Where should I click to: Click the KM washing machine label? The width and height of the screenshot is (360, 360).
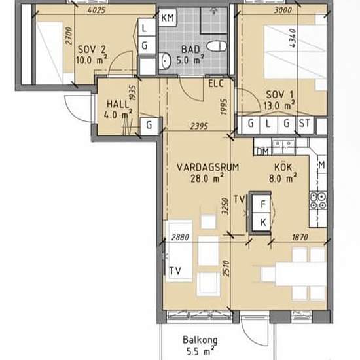point(168,18)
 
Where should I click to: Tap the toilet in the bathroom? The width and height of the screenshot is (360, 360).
point(217,46)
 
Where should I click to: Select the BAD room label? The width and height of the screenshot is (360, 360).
point(190,50)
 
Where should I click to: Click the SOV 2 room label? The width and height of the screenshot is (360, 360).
point(92,50)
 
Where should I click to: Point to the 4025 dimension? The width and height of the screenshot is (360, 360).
point(97,10)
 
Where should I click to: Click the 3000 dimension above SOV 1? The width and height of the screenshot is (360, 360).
point(283,10)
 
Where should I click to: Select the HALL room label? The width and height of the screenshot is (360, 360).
point(118,105)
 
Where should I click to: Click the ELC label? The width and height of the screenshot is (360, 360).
point(216,84)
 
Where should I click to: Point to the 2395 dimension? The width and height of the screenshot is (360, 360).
point(199,126)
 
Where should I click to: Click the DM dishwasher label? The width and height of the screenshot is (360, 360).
point(262,152)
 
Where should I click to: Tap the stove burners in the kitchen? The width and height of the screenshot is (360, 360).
point(318,201)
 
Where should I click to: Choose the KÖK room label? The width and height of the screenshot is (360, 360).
point(283,167)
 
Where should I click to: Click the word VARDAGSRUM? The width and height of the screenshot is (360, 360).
point(207,167)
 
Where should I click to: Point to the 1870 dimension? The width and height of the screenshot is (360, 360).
point(300,237)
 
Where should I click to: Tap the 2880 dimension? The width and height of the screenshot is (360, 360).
point(180,237)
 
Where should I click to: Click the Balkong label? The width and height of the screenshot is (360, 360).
point(200,340)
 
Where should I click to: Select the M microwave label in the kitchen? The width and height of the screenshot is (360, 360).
point(322,164)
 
